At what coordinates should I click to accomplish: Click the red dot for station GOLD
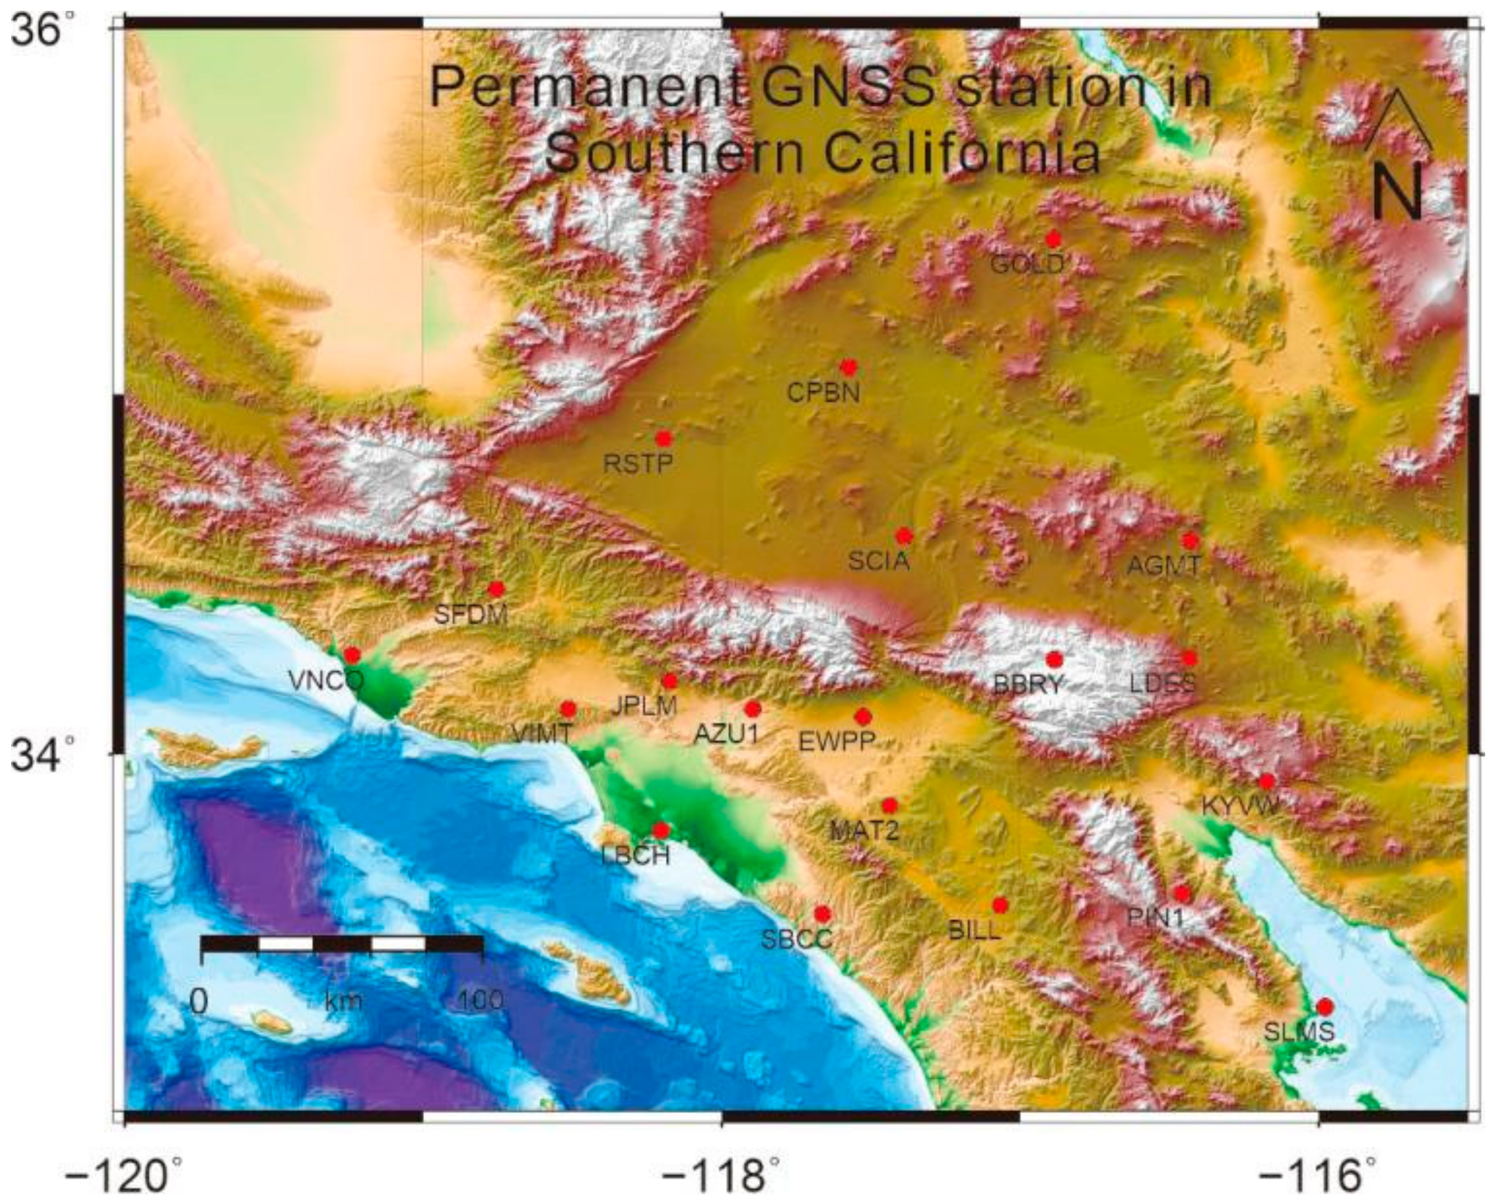pos(1053,240)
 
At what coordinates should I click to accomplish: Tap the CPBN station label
pos(823,393)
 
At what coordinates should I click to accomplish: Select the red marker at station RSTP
pos(664,438)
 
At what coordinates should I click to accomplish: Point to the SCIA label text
pos(879,561)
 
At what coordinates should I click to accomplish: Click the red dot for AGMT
pos(1190,540)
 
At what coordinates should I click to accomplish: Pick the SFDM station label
pos(471,614)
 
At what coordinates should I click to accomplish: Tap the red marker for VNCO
pos(353,654)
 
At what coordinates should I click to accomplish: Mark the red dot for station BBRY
pos(1055,659)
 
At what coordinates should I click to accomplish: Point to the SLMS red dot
pos(1325,1006)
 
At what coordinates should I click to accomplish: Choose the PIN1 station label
pos(1156,919)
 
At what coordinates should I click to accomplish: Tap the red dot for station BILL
pos(999,905)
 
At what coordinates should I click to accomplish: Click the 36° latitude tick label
pos(44,33)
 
